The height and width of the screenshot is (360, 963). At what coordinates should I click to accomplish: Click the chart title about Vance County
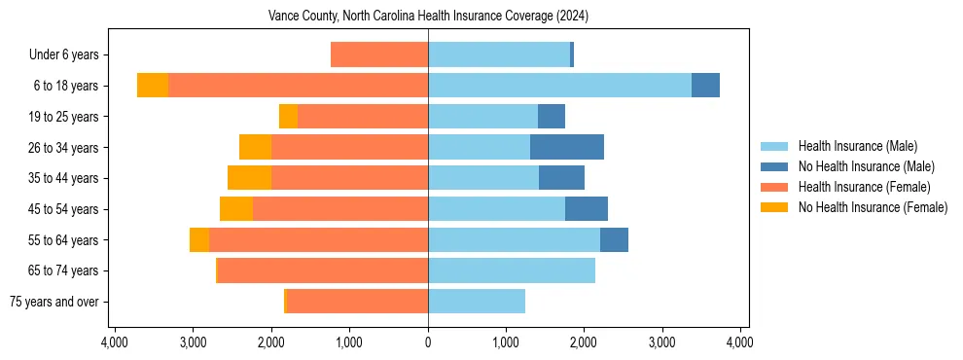(x=428, y=17)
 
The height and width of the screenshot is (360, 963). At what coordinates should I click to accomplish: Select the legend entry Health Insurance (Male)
(x=857, y=146)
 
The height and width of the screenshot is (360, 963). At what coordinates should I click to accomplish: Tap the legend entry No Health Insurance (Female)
(x=873, y=207)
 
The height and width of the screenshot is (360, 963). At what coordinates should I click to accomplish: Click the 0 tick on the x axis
(x=428, y=342)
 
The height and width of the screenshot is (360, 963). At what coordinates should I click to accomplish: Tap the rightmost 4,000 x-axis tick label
(x=739, y=342)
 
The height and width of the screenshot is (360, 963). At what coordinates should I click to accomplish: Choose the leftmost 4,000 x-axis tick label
(x=115, y=342)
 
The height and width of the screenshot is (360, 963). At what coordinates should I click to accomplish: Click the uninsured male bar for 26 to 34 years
(x=567, y=147)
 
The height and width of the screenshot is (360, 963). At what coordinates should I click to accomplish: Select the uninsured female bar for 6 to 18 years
(x=153, y=86)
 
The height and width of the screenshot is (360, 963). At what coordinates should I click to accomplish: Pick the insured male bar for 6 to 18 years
(x=559, y=86)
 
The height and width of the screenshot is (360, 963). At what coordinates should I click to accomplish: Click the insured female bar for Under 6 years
(x=379, y=54)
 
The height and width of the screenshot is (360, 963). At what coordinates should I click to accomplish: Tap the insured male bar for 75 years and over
(x=477, y=302)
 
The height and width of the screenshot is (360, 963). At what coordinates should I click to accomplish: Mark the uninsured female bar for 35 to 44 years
(x=249, y=178)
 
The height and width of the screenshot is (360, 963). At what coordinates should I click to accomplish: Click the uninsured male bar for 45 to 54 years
(x=587, y=209)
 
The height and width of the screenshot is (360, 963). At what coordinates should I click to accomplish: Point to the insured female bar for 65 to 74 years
(x=323, y=270)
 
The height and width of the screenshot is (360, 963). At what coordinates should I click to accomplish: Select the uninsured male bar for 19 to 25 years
(x=552, y=117)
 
